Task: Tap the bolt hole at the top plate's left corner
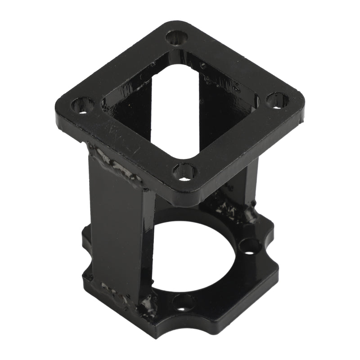tap(82, 106)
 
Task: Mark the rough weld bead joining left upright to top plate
tap(115, 164)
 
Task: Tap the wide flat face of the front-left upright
tap(118, 229)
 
